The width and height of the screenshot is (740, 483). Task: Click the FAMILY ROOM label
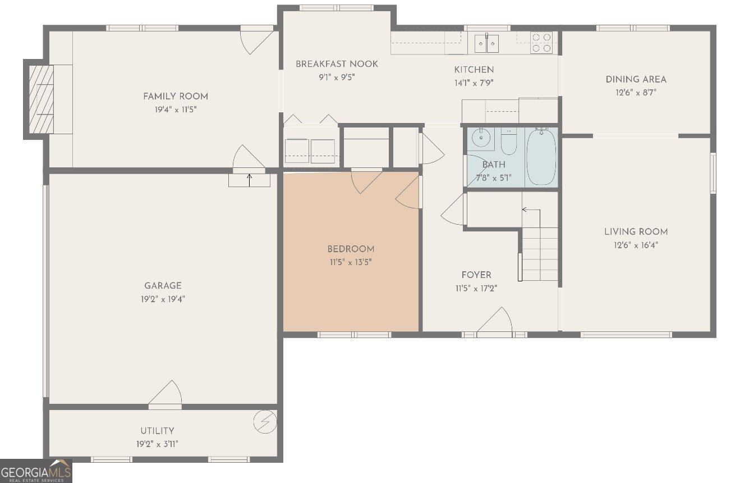176,97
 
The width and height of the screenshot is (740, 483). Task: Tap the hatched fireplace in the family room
42,99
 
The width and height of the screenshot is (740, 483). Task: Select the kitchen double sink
486,44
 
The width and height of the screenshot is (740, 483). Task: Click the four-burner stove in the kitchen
541,43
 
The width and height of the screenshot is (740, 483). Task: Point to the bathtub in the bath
541,157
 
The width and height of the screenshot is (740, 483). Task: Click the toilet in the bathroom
509,141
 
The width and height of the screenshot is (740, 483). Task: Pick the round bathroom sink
481,138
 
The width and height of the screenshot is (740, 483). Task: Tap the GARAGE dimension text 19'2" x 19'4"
163,299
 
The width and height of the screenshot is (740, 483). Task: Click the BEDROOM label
351,249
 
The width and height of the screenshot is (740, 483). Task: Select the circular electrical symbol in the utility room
265,422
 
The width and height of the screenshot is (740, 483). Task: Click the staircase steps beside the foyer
540,254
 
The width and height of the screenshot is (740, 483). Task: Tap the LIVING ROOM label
636,232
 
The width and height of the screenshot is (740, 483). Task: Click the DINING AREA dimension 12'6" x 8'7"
636,93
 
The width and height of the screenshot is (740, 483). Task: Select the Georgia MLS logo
36,471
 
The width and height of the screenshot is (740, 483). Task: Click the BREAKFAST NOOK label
337,64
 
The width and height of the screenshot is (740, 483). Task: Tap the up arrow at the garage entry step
250,180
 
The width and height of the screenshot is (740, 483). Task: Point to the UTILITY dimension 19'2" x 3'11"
157,444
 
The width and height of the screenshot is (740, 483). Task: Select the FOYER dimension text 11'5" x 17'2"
476,289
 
